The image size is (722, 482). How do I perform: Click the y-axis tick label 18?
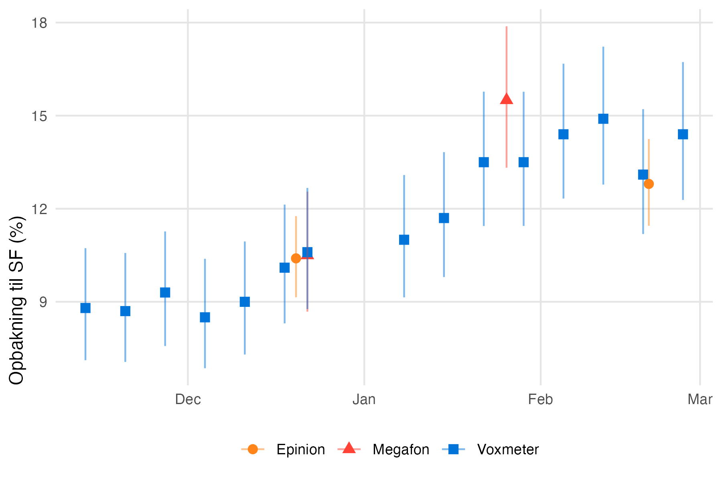click(40, 23)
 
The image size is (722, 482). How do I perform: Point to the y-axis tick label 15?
click(40, 116)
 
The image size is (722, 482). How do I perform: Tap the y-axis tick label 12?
click(40, 209)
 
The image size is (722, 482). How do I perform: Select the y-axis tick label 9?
click(43, 302)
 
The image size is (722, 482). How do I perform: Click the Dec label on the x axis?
click(188, 400)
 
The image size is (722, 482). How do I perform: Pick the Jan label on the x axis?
click(364, 400)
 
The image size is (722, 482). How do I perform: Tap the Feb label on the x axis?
click(540, 400)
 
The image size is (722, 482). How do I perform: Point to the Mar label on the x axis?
click(700, 400)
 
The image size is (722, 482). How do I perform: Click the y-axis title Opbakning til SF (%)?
click(17, 300)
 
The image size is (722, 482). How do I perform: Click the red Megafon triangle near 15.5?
click(507, 99)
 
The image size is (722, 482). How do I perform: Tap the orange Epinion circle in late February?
click(649, 184)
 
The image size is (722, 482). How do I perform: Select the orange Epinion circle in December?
click(296, 258)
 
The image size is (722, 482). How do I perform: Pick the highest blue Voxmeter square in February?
click(603, 119)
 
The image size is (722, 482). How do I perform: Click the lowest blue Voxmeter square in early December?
click(205, 318)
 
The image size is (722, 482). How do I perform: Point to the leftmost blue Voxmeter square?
click(85, 308)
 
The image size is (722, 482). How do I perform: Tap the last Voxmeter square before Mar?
click(683, 134)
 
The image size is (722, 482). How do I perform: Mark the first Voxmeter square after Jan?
click(404, 240)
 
